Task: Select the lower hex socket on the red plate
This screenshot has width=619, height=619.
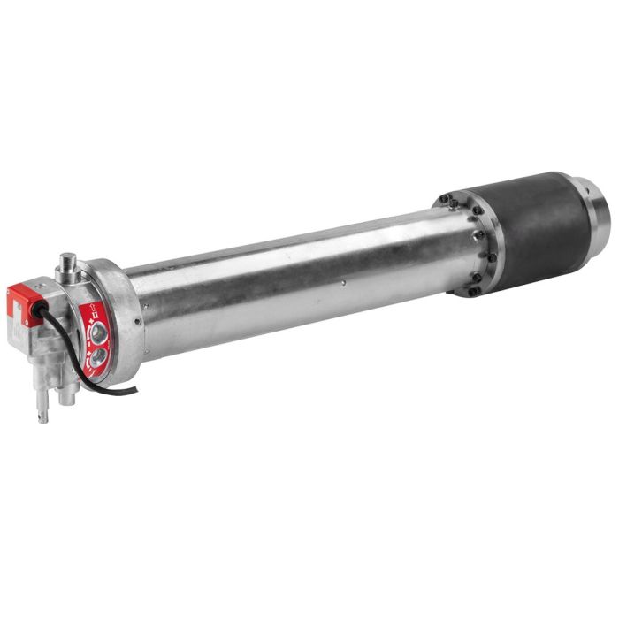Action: click(x=96, y=355)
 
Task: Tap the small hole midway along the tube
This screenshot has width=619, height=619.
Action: click(x=344, y=285)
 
